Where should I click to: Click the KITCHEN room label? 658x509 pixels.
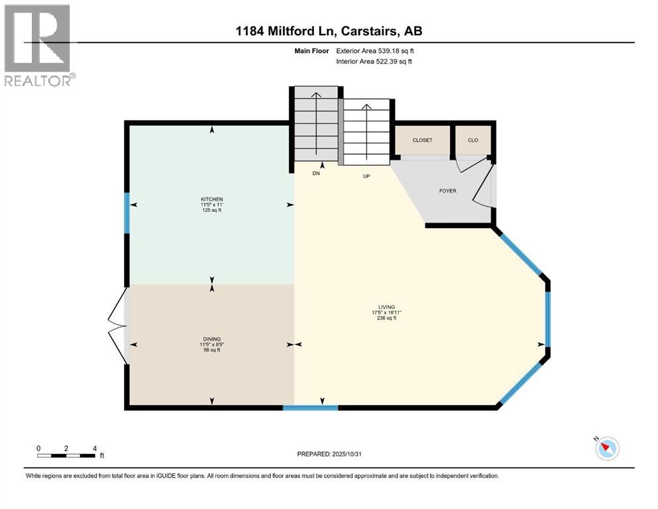212,199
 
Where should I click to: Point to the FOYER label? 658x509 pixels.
448,191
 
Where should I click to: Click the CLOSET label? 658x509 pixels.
422,141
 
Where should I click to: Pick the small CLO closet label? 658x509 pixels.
473,141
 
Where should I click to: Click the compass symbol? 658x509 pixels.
606,449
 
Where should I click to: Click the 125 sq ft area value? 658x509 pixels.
212,211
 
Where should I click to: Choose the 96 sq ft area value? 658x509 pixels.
212,350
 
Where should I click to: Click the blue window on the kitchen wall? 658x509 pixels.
127,212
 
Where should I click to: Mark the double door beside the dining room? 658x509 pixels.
117,325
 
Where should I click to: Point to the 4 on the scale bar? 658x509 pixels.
95,448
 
